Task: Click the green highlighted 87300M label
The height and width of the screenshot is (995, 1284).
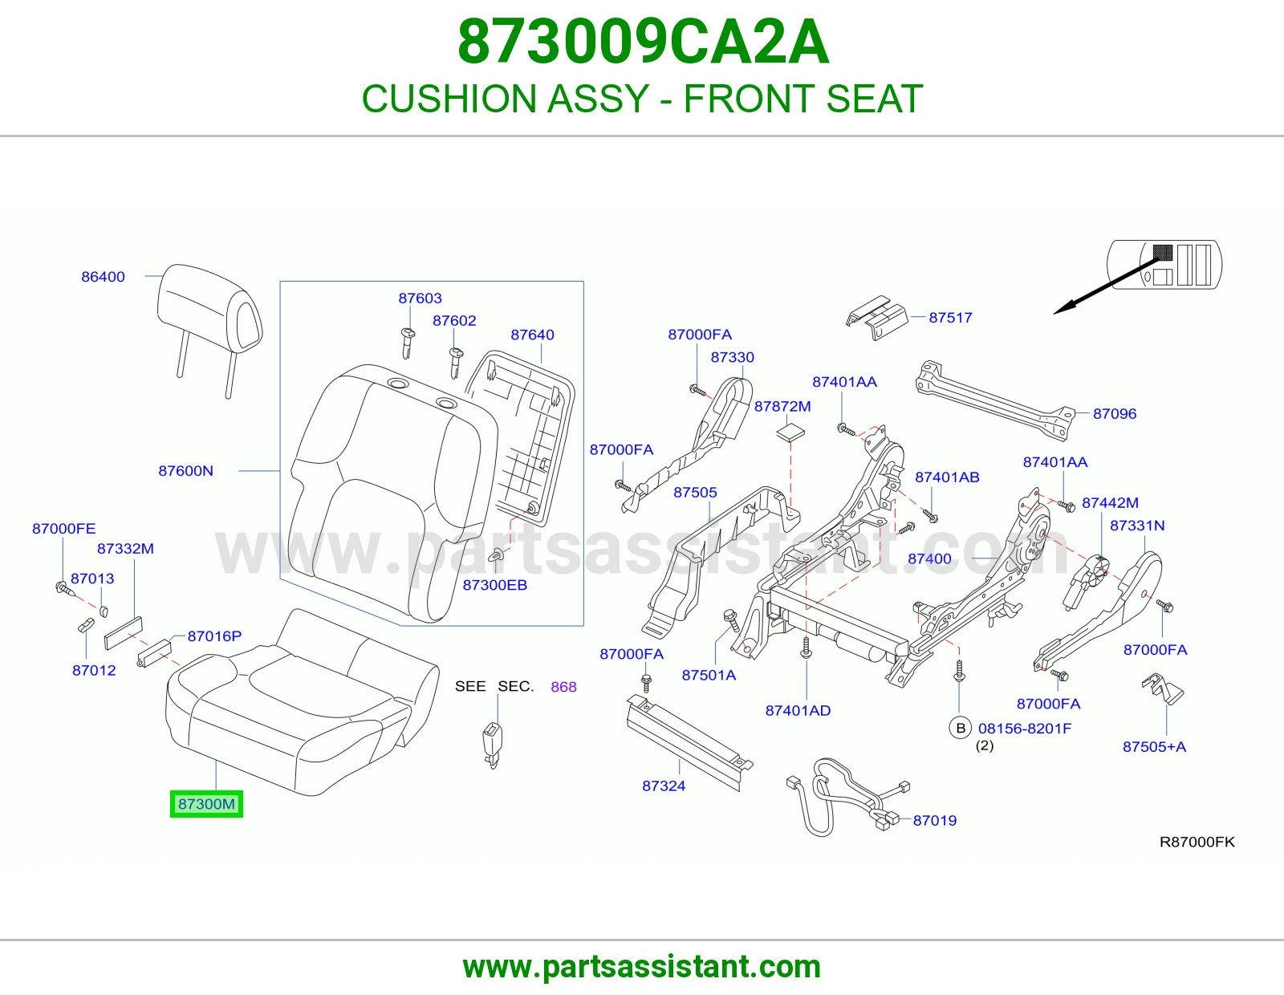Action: click(206, 804)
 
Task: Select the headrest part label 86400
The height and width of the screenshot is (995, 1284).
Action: click(103, 277)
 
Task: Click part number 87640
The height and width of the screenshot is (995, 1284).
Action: click(532, 335)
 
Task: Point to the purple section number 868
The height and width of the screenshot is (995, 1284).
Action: click(563, 687)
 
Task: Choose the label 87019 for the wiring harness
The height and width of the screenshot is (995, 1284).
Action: click(935, 820)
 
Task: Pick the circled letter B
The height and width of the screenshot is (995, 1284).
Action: click(961, 728)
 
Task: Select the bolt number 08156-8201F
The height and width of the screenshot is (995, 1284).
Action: click(1025, 729)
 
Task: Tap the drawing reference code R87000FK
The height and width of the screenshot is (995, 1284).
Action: click(1197, 842)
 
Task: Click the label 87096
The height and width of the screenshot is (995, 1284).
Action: click(1115, 413)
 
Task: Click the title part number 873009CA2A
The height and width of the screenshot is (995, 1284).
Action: click(643, 42)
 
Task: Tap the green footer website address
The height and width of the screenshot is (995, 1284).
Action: click(642, 967)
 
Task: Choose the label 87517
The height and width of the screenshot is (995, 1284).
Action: click(950, 317)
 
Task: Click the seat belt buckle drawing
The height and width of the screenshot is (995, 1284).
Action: click(492, 745)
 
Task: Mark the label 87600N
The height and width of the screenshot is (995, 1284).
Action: click(185, 471)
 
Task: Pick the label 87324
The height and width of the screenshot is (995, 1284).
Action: click(664, 786)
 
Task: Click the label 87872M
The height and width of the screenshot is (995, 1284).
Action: click(782, 407)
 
